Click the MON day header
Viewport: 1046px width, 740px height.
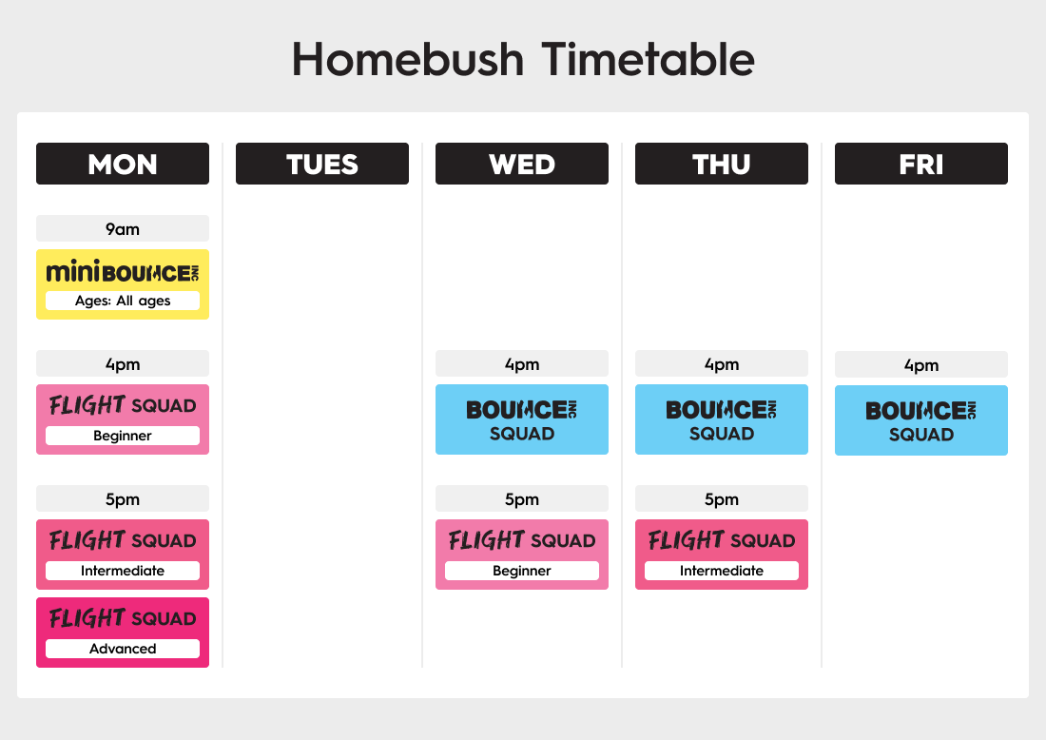pos(123,164)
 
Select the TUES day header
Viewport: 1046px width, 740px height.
pos(322,164)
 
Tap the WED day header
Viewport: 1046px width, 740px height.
pos(522,164)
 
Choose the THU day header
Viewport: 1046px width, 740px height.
pos(721,164)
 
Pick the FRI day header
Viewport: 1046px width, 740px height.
pos(921,164)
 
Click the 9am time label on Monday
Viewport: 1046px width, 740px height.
pos(123,229)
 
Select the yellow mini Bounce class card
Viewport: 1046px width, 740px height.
pos(123,284)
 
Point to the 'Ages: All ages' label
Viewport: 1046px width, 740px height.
pos(123,301)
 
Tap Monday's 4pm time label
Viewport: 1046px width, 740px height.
pos(123,363)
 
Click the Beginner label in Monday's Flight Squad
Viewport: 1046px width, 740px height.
pos(123,436)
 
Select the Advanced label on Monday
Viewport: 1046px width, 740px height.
pos(123,649)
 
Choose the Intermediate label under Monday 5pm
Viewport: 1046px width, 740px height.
pos(123,571)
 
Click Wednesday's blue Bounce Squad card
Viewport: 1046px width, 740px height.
pos(522,419)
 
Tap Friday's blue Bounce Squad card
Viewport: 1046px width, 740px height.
pos(921,420)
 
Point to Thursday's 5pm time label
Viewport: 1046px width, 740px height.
pos(721,498)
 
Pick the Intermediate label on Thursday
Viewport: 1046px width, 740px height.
pos(721,571)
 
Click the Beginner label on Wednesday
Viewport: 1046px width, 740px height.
pos(522,571)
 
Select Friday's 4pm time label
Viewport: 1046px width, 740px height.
pos(921,364)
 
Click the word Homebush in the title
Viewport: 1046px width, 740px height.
pos(408,59)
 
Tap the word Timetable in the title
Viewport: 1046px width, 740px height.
pos(648,59)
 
